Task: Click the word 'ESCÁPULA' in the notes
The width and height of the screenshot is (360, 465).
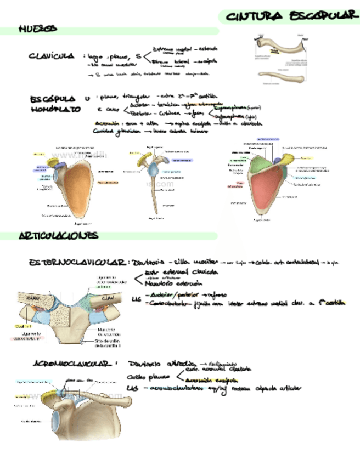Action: [x=53, y=99]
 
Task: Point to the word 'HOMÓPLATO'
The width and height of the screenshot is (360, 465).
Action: [x=55, y=109]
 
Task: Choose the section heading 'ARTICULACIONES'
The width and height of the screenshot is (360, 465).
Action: [x=59, y=236]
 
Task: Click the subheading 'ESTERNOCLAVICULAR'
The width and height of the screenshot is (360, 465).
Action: [x=77, y=263]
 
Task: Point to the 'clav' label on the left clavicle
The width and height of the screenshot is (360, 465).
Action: [x=35, y=298]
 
